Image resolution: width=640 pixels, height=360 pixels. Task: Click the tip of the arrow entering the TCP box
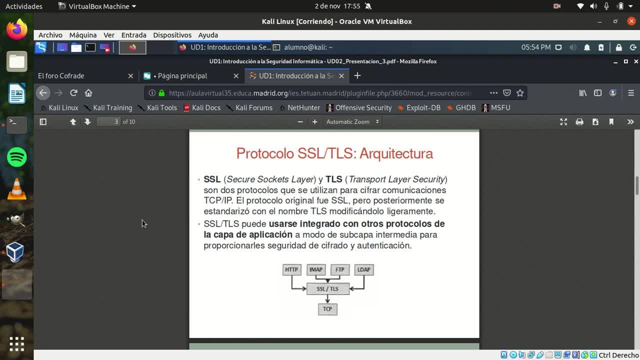point(327,303)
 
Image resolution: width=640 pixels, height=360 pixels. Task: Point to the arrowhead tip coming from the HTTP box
point(306,289)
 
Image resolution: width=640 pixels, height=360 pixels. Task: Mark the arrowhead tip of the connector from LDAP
point(349,289)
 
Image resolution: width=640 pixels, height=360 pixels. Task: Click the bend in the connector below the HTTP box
point(291,289)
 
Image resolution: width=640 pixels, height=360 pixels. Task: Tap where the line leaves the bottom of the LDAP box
point(364,275)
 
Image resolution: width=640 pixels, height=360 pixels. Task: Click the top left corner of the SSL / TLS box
point(307,283)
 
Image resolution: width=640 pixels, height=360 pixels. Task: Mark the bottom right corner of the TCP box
point(337,315)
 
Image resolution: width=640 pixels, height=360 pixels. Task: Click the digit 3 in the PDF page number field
point(116,121)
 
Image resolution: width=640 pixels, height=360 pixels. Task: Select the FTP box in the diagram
point(339,269)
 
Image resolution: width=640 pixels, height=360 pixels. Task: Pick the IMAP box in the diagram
point(316,269)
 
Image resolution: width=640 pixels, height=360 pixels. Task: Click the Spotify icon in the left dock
point(17,157)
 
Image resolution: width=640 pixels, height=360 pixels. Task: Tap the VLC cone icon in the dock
point(17,188)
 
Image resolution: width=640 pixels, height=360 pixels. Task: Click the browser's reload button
point(73,93)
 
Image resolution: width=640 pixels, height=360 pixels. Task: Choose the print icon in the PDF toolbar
point(579,122)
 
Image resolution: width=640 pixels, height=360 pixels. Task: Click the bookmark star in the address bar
point(520,93)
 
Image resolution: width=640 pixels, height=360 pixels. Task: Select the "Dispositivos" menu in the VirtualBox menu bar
point(172,35)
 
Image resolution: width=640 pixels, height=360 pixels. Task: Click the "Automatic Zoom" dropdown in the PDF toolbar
point(352,121)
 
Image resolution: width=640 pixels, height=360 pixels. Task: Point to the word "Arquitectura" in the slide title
point(396,153)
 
